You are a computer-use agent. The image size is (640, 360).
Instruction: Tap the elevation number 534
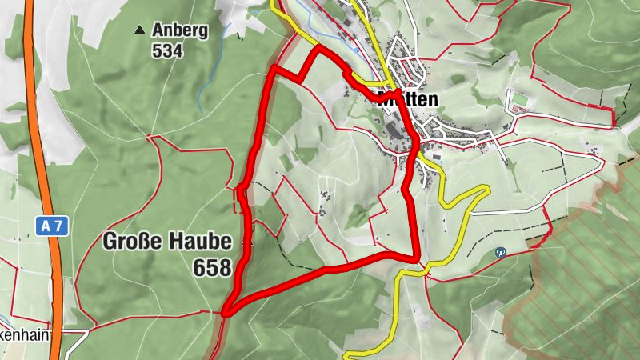166,51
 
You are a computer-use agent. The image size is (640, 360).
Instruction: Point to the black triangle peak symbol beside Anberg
140,30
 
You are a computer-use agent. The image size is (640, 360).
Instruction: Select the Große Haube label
167,241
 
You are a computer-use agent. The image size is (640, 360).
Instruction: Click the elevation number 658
212,267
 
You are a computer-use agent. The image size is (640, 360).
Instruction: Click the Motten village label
407,100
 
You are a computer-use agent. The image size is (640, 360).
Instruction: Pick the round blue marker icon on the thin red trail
502,252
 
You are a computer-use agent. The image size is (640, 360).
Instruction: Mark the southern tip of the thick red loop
226,313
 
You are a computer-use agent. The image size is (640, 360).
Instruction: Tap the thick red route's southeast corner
417,258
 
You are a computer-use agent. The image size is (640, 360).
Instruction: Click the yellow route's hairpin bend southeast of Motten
483,189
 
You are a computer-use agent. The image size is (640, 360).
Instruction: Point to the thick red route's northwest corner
274,70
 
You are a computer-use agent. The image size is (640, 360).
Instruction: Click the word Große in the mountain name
134,241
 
